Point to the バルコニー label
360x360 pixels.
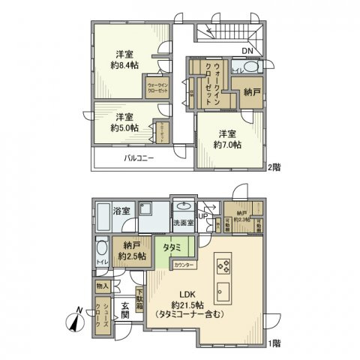[x=139, y=159]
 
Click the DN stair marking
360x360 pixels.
[x=247, y=51]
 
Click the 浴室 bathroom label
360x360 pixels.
[x=122, y=211]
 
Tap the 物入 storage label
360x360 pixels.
[x=103, y=286]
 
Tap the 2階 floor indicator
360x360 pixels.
[x=273, y=167]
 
